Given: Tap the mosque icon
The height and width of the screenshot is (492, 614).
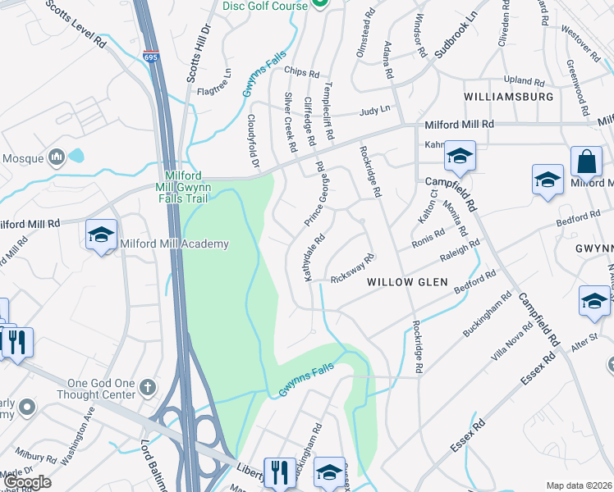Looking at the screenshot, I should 57,156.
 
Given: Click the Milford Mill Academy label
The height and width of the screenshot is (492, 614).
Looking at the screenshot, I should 175,244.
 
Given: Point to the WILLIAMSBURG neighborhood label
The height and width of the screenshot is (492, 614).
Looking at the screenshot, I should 508,97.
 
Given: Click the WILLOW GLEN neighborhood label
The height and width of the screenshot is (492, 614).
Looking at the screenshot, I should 407,282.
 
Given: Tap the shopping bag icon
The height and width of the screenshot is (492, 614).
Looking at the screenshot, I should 587,162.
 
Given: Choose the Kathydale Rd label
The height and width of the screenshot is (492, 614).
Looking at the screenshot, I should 315,257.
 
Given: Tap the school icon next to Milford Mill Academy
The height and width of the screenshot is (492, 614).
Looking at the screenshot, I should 101,235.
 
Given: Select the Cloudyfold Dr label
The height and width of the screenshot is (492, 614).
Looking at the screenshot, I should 254,139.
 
